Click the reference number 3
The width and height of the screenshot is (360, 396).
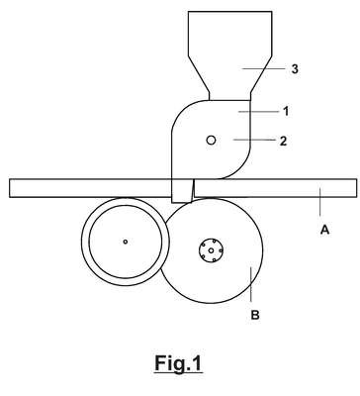tap(295, 69)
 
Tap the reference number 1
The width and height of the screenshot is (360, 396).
tap(286, 111)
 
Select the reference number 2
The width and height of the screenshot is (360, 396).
tap(283, 142)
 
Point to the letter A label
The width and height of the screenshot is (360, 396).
tap(325, 230)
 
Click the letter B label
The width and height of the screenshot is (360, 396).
tap(255, 315)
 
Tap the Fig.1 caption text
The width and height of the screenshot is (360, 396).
tap(178, 363)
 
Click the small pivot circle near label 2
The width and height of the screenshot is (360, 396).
tap(211, 141)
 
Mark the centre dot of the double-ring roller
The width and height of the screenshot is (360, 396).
tap(126, 242)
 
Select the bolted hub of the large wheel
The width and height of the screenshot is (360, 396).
tap(211, 250)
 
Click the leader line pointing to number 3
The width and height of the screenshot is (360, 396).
tap(263, 68)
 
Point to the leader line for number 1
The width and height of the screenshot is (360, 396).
tap(259, 112)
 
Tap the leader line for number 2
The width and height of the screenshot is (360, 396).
tap(254, 140)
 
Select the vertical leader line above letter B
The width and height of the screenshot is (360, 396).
tap(251, 284)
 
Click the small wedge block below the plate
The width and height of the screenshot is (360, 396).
tap(182, 191)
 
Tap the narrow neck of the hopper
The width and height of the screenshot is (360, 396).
tap(229, 96)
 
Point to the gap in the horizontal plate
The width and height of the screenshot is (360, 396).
tap(193, 188)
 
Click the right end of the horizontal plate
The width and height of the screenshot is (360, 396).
tap(356, 188)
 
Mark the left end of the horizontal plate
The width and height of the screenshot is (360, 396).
tap(10, 188)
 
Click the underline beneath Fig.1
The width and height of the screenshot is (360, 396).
tap(178, 373)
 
